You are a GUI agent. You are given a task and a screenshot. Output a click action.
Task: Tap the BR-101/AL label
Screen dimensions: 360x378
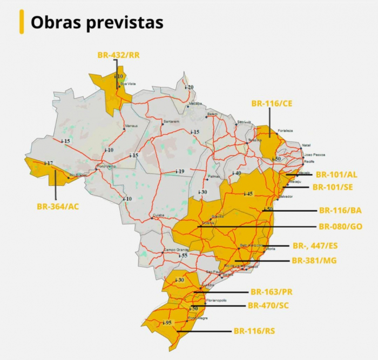[x=336, y=175]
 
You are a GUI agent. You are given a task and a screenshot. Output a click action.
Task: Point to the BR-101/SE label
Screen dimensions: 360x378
[x=333, y=187]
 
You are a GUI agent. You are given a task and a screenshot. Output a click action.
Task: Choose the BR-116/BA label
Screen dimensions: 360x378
[x=340, y=210]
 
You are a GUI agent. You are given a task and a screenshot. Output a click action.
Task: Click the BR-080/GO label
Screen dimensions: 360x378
[x=340, y=226]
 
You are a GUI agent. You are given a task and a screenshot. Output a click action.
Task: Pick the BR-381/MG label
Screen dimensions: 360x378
[x=314, y=261]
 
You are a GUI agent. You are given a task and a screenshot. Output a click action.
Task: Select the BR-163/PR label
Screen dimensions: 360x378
[x=272, y=292]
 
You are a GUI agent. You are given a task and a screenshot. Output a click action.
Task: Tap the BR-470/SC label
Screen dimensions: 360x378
[x=268, y=305]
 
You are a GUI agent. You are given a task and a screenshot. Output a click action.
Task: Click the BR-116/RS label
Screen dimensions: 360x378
[x=254, y=331]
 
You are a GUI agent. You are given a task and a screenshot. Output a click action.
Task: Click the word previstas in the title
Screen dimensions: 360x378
[x=127, y=23]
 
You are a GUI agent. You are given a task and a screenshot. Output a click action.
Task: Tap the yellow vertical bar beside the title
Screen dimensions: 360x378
[x=22, y=22]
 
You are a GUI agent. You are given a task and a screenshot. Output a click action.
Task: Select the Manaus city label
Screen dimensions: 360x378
[x=131, y=126]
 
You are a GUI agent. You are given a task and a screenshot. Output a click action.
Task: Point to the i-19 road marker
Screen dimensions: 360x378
[x=179, y=171]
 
